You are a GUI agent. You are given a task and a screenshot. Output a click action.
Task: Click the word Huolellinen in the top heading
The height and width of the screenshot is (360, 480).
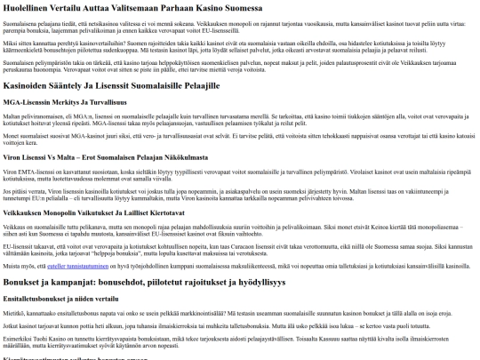click(x=24, y=8)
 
